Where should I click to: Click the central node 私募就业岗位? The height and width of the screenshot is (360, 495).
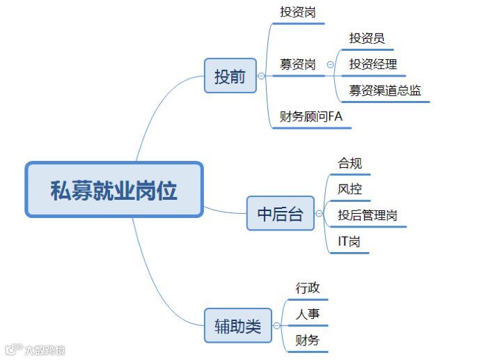(114, 189)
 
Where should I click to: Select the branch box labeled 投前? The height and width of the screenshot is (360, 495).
(230, 76)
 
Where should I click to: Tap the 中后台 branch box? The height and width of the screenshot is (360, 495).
(281, 214)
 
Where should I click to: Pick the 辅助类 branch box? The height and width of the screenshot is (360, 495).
(237, 325)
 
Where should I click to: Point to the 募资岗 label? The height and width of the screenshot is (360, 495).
(297, 65)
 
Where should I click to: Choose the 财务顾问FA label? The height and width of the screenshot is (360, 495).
(311, 117)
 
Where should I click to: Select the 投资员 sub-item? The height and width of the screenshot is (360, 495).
(367, 38)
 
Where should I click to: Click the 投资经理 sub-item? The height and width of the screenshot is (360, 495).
(373, 65)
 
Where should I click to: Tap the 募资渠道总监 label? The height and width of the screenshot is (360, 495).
(385, 91)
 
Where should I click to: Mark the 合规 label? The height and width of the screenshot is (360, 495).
(349, 163)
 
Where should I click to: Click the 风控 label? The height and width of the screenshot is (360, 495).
(349, 189)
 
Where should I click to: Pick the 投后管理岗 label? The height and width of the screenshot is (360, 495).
(368, 215)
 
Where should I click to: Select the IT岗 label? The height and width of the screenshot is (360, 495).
(349, 242)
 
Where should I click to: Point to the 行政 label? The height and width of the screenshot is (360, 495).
(308, 288)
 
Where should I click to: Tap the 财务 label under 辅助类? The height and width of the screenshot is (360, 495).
(308, 341)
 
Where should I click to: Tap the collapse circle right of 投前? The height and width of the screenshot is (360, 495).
(261, 76)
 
